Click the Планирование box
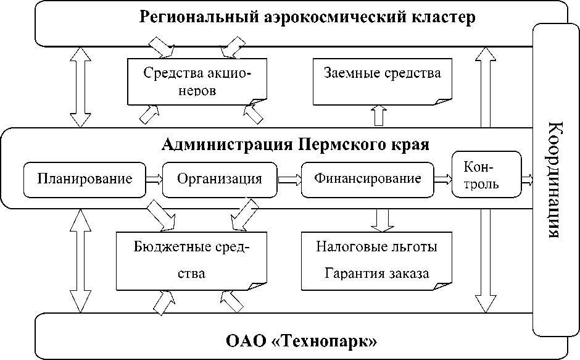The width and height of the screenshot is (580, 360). [x=85, y=179]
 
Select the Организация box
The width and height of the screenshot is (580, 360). [x=219, y=179]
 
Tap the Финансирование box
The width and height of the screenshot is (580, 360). [x=367, y=179]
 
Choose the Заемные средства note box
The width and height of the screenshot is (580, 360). [x=383, y=81]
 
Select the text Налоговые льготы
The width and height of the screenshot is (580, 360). [x=376, y=247]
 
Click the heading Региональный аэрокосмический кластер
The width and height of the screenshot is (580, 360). [x=307, y=17]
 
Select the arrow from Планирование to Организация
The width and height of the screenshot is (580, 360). [x=154, y=180]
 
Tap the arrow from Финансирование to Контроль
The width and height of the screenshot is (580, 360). [x=442, y=180]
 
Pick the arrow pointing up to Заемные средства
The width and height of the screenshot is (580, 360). [x=378, y=115]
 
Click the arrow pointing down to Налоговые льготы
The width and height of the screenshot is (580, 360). [x=383, y=218]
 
